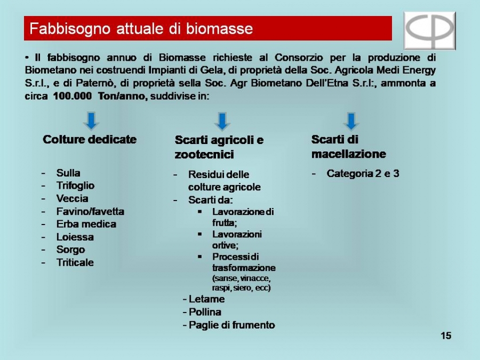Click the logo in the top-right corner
click(x=430, y=30)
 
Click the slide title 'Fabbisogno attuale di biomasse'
click(x=141, y=29)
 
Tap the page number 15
click(x=446, y=336)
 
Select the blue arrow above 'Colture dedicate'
click(x=91, y=121)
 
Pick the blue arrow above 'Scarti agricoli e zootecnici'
click(x=222, y=121)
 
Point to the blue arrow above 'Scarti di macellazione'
click(x=351, y=121)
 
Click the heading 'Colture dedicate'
click(x=90, y=140)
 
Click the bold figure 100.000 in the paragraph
click(x=72, y=96)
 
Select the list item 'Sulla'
click(x=68, y=173)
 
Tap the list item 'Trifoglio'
click(x=75, y=186)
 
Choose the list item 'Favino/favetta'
click(x=90, y=212)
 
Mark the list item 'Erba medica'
click(x=86, y=224)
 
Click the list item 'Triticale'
click(x=75, y=262)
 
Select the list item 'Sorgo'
click(x=70, y=250)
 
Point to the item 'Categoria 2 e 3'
click(x=363, y=173)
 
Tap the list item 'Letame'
click(x=206, y=299)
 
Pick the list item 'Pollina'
click(x=205, y=312)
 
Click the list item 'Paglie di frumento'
click(x=232, y=325)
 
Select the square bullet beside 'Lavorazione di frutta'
click(x=200, y=212)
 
